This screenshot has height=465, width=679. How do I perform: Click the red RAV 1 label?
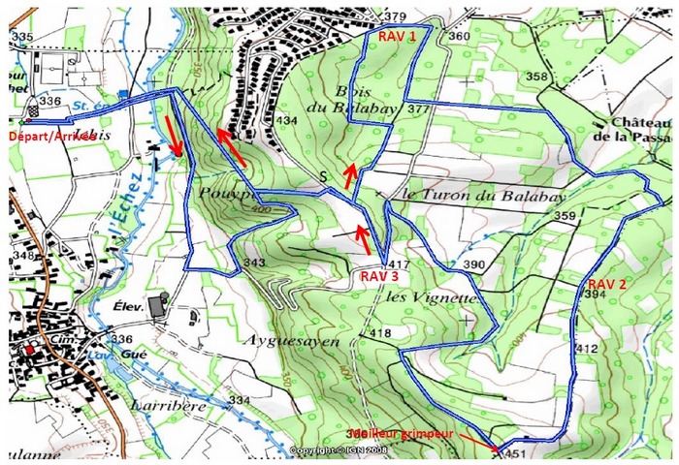[x=397, y=35]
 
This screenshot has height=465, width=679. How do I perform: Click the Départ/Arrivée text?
[x=51, y=137]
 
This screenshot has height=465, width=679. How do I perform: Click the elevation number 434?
[x=286, y=120]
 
